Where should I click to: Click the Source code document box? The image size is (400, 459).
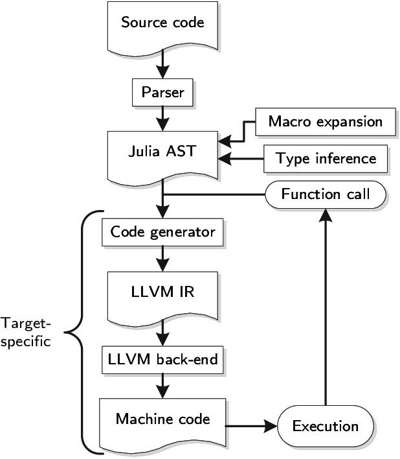click(x=162, y=23)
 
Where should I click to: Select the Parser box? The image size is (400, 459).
click(x=162, y=93)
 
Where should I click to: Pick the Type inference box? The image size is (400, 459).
click(x=326, y=159)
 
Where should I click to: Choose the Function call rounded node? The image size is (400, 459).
click(x=326, y=194)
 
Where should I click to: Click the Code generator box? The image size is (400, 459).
click(x=162, y=232)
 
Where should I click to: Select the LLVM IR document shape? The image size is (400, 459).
click(x=162, y=292)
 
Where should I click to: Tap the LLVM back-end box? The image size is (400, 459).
click(x=162, y=358)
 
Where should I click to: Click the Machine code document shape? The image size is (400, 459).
click(x=162, y=419)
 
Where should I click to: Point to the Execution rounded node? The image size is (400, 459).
click(x=326, y=426)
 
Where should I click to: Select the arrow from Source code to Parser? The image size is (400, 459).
click(x=162, y=65)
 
